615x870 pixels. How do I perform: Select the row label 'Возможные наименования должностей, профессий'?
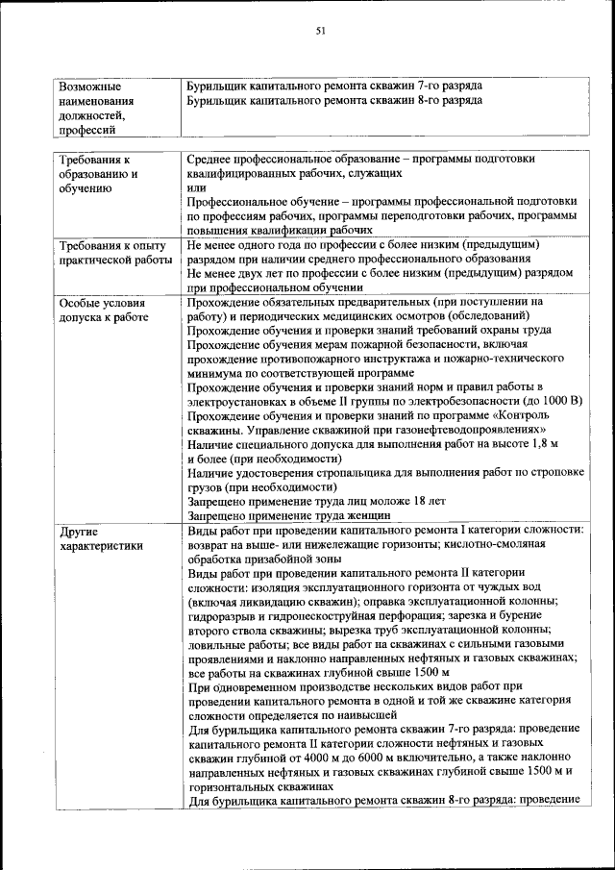(96, 107)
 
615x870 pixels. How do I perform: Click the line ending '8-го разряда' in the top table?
(334, 100)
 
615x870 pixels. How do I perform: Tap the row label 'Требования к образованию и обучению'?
(97, 174)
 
